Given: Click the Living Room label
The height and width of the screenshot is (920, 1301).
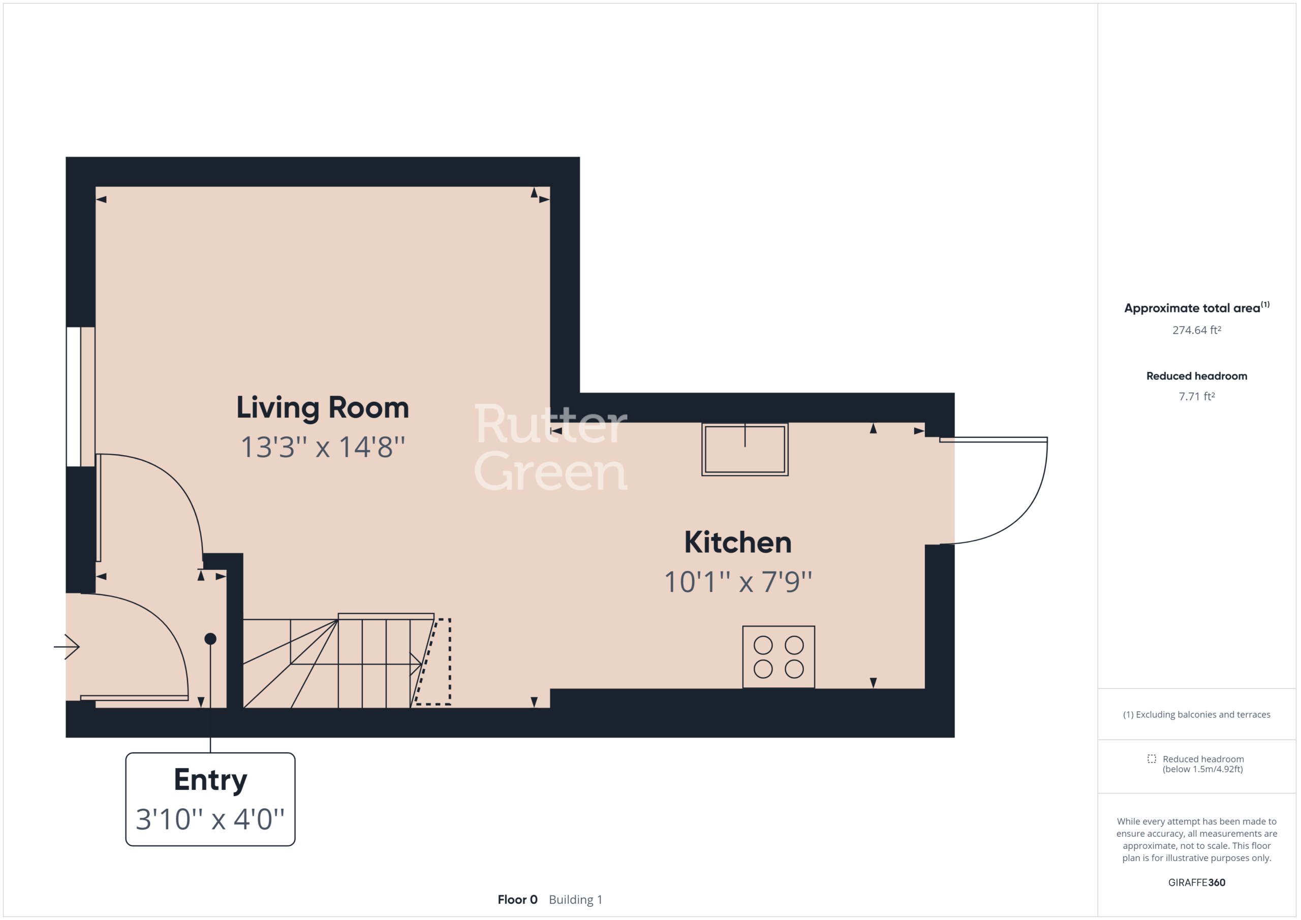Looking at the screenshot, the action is tap(322, 408).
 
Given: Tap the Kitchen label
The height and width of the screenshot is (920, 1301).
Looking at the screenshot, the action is tap(738, 542).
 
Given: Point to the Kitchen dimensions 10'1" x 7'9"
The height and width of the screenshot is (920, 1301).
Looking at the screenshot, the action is tap(738, 582).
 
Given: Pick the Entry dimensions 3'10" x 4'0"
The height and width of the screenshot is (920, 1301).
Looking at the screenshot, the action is tap(210, 819).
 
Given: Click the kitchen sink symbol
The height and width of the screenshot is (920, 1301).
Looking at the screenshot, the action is tap(745, 449).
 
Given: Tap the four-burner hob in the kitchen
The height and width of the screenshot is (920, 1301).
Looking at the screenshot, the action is tap(779, 657).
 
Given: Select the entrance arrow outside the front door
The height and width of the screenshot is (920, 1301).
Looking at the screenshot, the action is tap(67, 646).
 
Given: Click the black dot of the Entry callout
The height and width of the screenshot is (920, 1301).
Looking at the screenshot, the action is tap(210, 639).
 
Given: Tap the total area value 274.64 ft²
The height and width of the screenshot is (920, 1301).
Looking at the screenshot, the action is tap(1196, 330).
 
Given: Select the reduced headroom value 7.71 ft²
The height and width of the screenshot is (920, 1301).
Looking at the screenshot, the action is tap(1196, 396).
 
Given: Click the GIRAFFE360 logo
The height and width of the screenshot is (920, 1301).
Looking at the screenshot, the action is tap(1196, 882).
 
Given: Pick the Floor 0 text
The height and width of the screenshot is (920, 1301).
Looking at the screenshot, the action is tap(517, 899).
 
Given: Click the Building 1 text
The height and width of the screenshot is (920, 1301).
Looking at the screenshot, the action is tap(575, 899).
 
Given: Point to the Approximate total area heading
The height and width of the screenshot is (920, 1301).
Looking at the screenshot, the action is tap(1196, 308).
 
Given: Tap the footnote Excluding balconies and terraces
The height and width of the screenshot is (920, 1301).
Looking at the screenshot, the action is tap(1196, 714).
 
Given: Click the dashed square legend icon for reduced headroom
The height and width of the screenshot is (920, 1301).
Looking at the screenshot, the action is tap(1152, 758).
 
